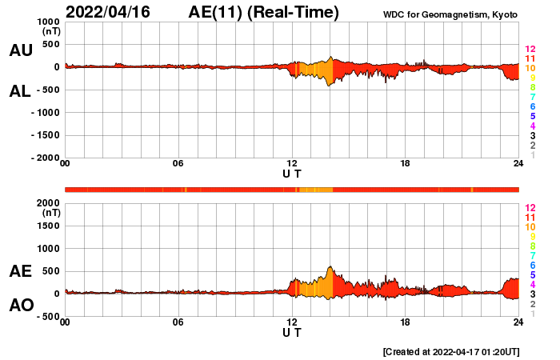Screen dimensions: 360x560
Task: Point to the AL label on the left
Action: [20, 91]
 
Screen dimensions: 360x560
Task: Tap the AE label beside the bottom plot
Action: [20, 271]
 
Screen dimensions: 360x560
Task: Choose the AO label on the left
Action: [20, 306]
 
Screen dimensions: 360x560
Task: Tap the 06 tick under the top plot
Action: [178, 164]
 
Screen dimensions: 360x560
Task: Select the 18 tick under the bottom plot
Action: [405, 322]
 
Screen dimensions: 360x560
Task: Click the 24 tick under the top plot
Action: [518, 164]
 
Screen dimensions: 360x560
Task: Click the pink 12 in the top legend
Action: [530, 50]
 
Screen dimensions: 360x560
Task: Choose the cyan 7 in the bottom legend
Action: [532, 255]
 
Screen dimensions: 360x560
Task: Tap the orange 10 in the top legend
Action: [530, 69]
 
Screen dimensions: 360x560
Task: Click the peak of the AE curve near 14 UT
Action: [330, 267]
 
